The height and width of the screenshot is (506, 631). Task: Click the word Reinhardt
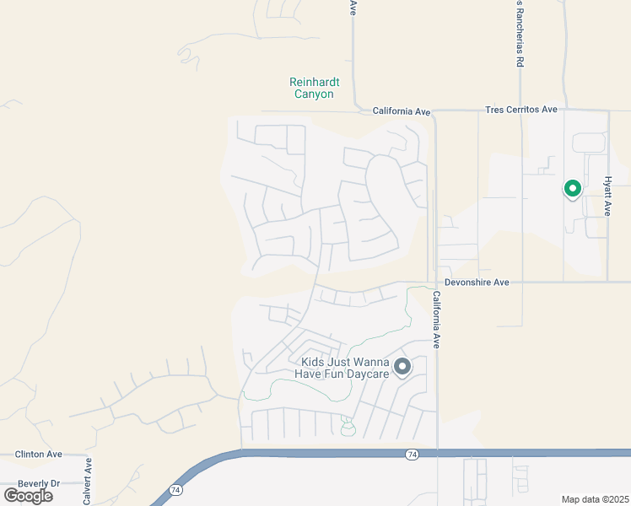[313, 82]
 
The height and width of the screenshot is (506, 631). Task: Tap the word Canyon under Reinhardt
[313, 94]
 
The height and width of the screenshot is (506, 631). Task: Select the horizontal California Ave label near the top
[402, 111]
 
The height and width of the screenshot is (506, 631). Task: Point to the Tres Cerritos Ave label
[521, 110]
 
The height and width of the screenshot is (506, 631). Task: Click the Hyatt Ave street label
[607, 196]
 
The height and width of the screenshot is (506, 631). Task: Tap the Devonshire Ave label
[477, 283]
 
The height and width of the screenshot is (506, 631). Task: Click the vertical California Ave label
[437, 320]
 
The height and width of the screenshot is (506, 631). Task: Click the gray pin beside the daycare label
[402, 366]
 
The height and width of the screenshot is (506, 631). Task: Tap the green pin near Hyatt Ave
[572, 189]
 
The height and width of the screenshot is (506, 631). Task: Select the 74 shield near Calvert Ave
[175, 489]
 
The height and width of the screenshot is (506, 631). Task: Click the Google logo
[28, 495]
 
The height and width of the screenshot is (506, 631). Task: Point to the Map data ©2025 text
[595, 499]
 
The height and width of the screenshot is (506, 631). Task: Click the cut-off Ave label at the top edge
[353, 7]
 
